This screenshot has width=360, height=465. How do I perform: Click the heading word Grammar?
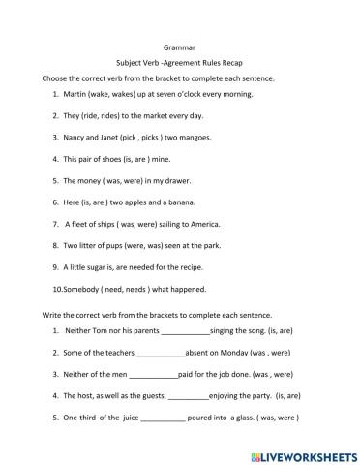(179, 44)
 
